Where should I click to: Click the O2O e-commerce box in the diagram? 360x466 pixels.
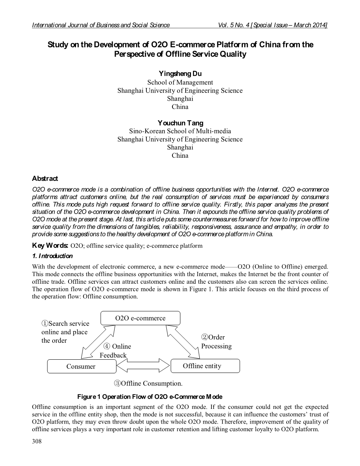coord(140,318)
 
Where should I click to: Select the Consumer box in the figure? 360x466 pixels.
coord(81,366)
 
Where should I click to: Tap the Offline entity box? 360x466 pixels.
coord(205,366)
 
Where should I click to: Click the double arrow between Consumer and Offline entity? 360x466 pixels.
coord(143,366)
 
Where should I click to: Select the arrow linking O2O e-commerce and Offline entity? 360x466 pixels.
coord(183,341)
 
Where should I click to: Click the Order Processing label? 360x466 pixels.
coord(216,342)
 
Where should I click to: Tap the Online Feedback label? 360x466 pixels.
coord(115,351)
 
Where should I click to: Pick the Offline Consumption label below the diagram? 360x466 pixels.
coord(148,384)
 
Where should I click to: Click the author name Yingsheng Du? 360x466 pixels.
coord(180,74)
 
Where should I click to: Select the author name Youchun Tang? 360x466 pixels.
coord(180,123)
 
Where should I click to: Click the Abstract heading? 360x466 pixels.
coord(45,179)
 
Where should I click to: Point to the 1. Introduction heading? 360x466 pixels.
coord(52,256)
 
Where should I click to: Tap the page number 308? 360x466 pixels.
coord(37,441)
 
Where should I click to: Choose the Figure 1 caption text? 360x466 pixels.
coord(150,397)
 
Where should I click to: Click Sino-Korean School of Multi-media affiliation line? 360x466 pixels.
coord(180,131)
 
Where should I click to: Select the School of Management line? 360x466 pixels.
coord(180,82)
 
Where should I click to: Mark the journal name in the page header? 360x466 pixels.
coord(101,25)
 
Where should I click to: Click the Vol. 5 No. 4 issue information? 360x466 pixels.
coord(273,25)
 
